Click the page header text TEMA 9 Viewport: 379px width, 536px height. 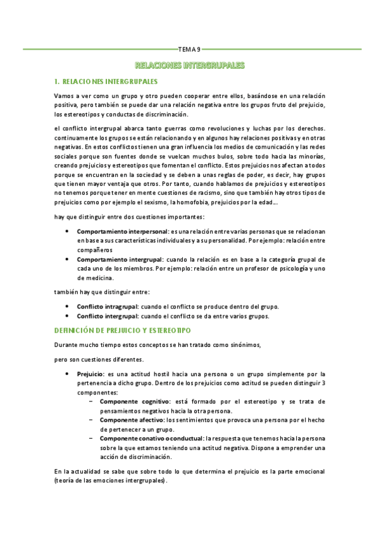pyautogui.click(x=189, y=49)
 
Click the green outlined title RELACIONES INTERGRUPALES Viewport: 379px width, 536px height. pyautogui.click(x=189, y=66)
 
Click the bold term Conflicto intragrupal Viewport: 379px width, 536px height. pyautogui.click(x=106, y=307)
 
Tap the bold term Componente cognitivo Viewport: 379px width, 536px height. pyautogui.click(x=134, y=401)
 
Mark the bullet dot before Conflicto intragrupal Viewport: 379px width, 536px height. pyautogui.click(x=67, y=307)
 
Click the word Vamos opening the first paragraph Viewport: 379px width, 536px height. pyautogui.click(x=65, y=95)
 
